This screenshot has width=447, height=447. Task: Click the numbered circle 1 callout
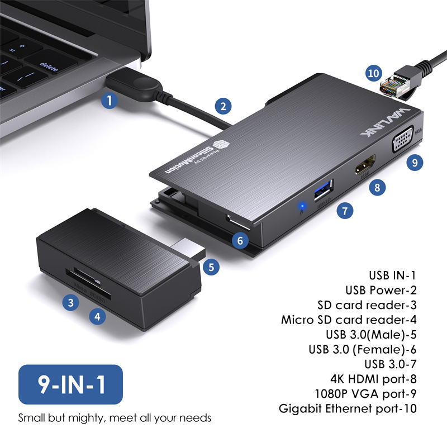coord(110,101)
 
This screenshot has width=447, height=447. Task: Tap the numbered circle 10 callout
coord(373,73)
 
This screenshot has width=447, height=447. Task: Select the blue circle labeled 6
coord(240,241)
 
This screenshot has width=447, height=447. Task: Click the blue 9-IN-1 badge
coord(70,384)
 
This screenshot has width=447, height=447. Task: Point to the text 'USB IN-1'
coord(392,275)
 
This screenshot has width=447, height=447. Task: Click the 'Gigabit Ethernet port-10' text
coord(348,408)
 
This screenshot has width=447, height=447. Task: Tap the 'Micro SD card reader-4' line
coord(349,320)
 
